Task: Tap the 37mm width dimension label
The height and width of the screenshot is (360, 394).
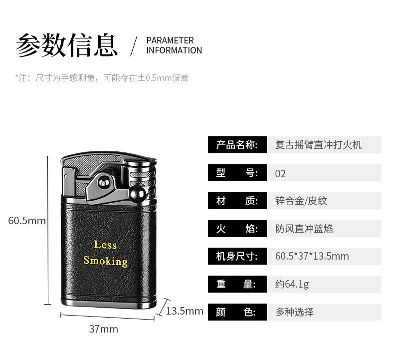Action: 104,329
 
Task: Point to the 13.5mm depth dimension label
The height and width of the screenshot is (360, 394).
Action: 185,311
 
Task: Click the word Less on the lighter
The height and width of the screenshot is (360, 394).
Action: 105,245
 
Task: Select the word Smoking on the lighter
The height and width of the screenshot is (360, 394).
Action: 105,261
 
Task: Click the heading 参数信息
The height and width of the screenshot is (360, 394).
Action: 67,45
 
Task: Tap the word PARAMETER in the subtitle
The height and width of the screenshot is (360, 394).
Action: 170,40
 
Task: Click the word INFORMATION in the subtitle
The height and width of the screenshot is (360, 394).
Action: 174,50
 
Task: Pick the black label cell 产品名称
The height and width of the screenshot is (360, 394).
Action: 237,145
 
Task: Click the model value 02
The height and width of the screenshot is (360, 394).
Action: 280,174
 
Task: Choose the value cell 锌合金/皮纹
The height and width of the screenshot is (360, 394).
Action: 301,201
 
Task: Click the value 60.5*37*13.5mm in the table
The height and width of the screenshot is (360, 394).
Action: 312,257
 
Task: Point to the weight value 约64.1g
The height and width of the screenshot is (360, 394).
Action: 292,285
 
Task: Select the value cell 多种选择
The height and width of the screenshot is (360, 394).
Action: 295,312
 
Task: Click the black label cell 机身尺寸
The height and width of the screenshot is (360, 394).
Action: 237,257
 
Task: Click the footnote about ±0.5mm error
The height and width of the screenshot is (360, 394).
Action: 102,78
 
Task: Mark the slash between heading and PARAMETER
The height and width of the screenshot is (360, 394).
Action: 133,46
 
